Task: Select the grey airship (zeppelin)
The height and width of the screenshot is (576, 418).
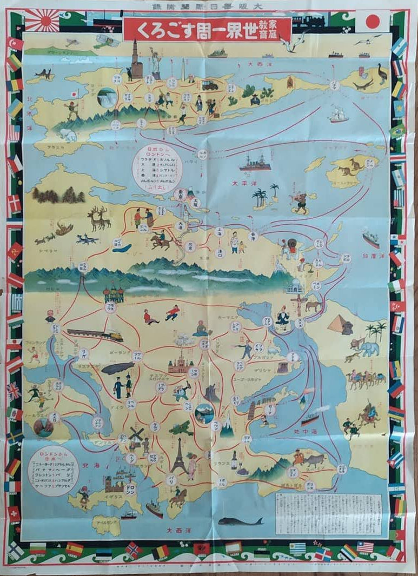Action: (x=118, y=369)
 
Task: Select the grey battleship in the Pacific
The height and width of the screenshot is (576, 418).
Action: (x=255, y=163)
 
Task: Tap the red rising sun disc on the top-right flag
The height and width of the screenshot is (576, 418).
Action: (x=372, y=22)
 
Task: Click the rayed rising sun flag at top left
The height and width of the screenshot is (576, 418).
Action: (x=42, y=21)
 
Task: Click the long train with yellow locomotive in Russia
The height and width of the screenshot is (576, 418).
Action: (x=94, y=335)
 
